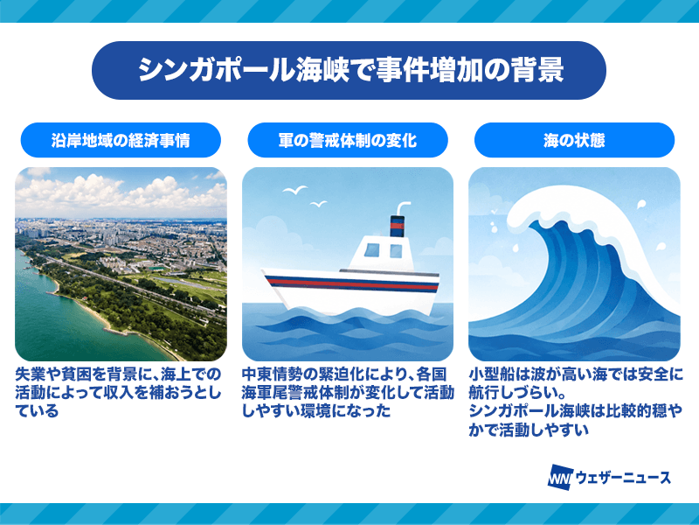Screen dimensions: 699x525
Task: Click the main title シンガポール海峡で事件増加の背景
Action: coord(351,70)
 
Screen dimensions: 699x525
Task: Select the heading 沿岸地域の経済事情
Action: coord(121,140)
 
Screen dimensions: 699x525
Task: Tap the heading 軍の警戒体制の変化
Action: coord(348,140)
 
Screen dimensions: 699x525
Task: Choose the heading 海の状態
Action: coord(574,140)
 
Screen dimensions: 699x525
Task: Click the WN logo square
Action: coord(560,478)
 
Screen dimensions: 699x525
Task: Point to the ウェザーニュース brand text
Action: coord(623,478)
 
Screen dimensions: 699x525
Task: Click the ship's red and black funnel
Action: coord(397,227)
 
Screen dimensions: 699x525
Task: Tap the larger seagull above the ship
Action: coord(294,191)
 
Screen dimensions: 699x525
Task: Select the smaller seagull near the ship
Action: coord(318,204)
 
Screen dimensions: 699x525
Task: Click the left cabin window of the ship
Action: coord(372,250)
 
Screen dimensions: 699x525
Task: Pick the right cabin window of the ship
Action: coord(396,251)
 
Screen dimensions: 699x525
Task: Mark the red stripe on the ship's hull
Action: coord(352,283)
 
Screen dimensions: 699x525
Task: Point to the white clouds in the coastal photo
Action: coord(121,192)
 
